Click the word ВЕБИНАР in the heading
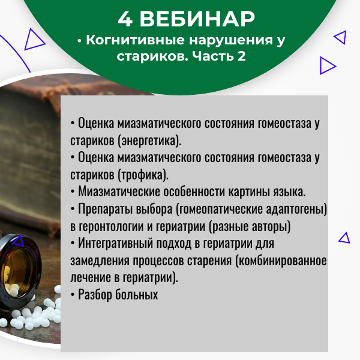pyautogui.click(x=197, y=19)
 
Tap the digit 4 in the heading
pyautogui.click(x=125, y=19)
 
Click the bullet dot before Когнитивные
pyautogui.click(x=80, y=41)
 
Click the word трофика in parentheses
pyautogui.click(x=142, y=175)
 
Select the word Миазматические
pyautogui.click(x=119, y=191)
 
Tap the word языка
pyautogui.click(x=289, y=192)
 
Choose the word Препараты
pyautogui.click(x=106, y=209)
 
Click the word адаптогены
pyautogui.click(x=295, y=209)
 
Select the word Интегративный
pyautogui.click(x=115, y=243)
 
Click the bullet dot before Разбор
pyautogui.click(x=73, y=295)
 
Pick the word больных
pyautogui.click(x=137, y=295)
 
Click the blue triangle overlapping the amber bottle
pyautogui.click(x=19, y=241)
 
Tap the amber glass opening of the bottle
pyautogui.click(x=17, y=272)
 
